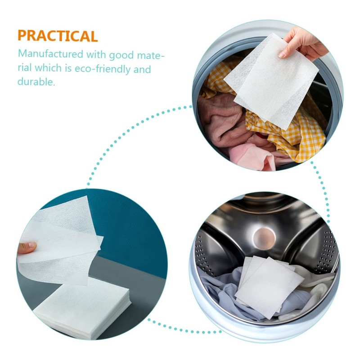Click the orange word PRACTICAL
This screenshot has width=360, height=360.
click(58, 36)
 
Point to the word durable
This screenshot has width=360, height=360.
click(36, 82)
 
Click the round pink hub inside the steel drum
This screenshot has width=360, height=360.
click(264, 236)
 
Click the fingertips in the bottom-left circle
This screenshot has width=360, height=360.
click(27, 247)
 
